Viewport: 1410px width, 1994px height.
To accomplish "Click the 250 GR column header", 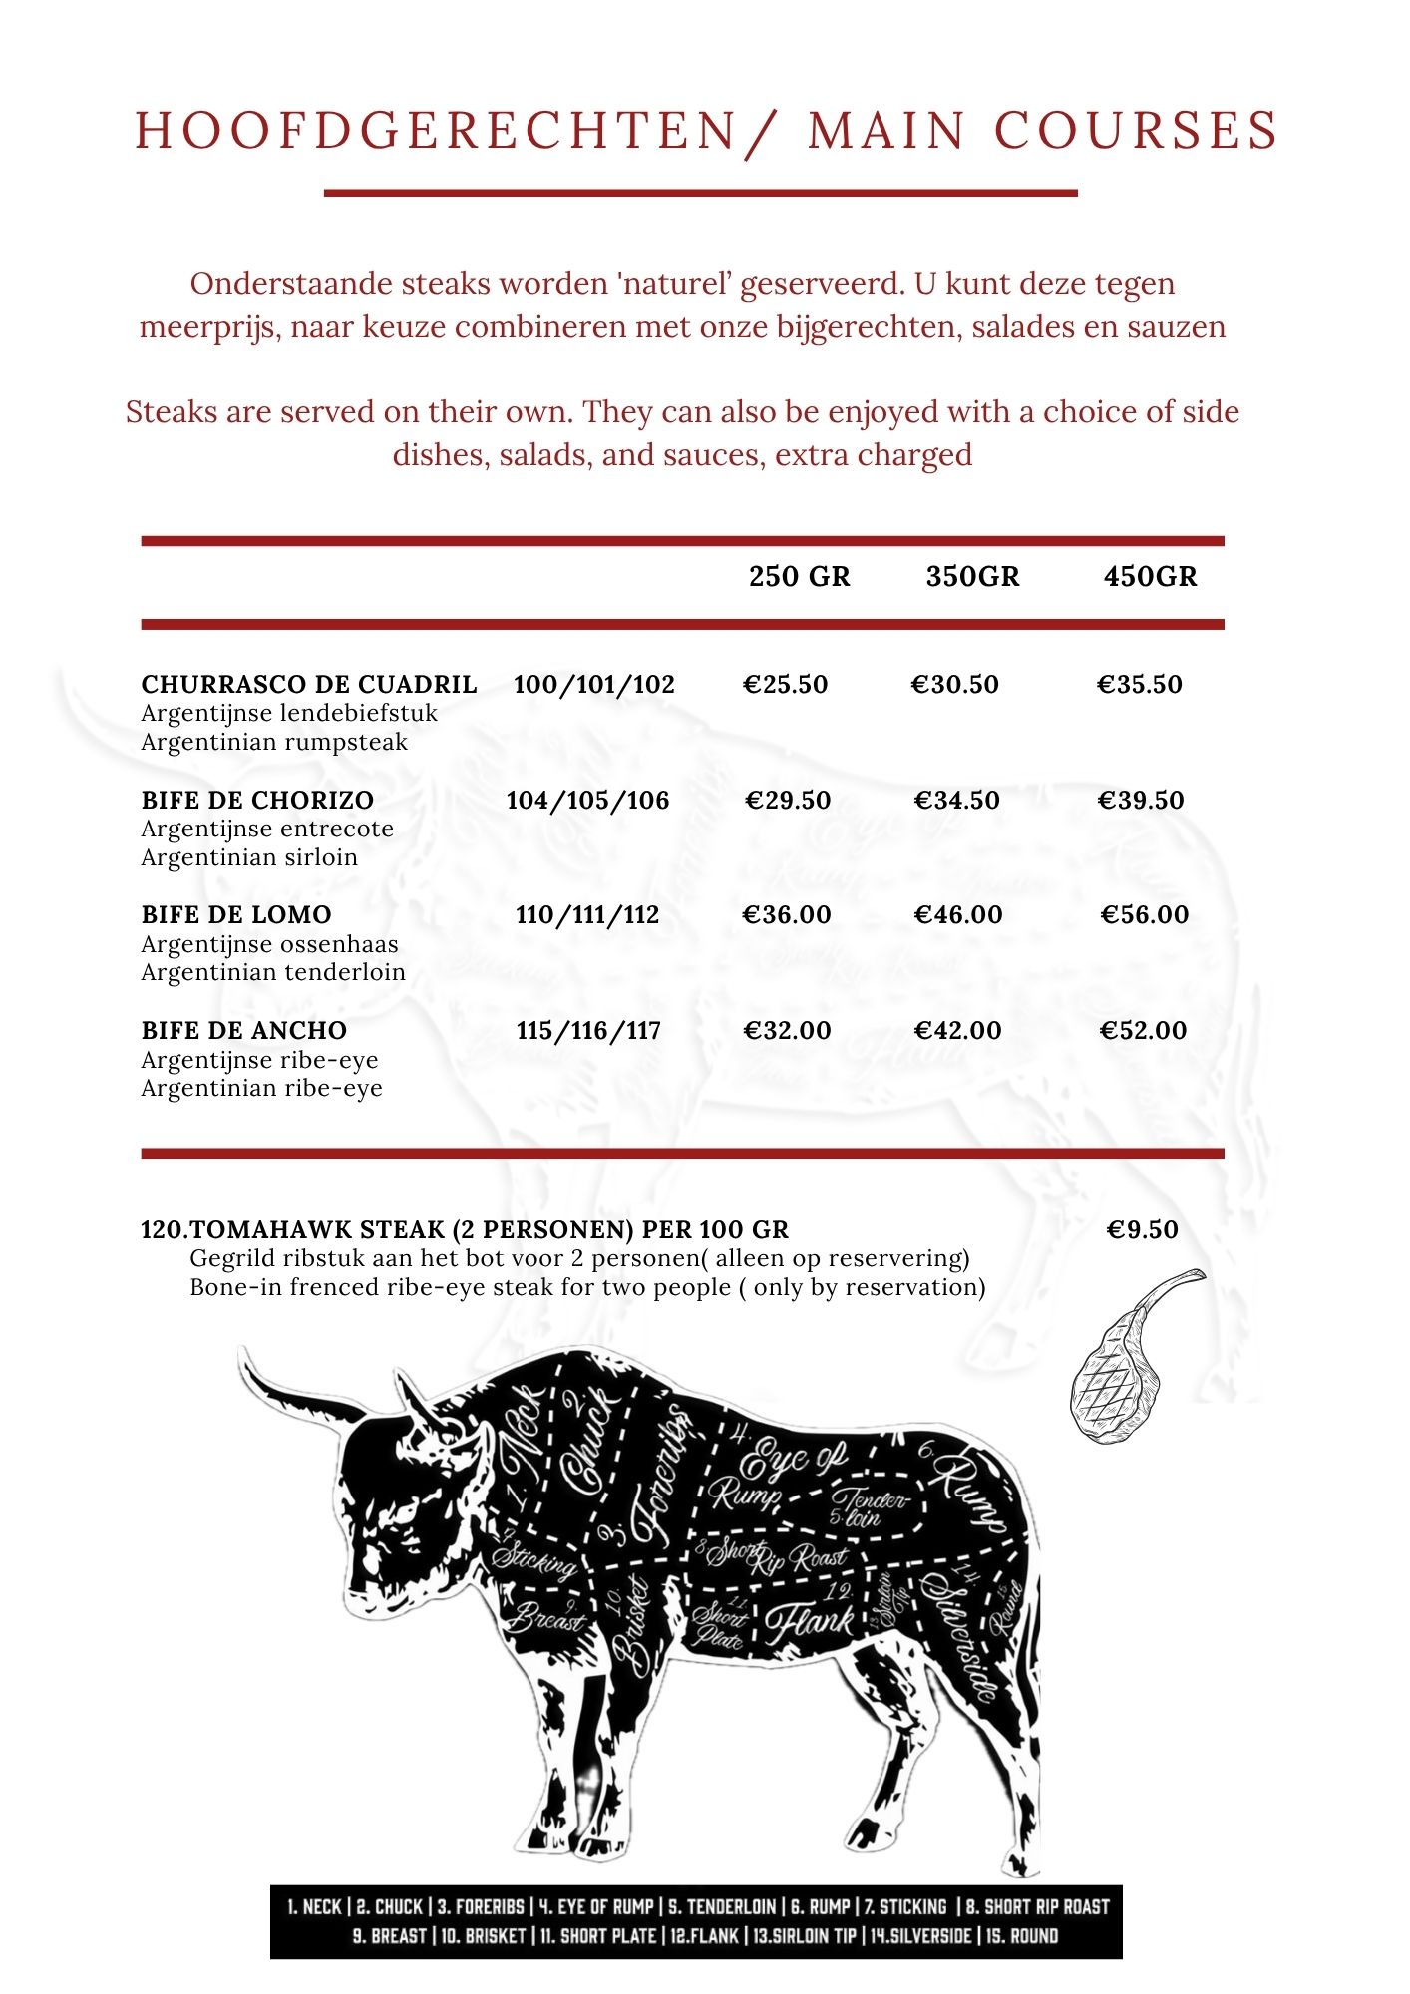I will pyautogui.click(x=799, y=577).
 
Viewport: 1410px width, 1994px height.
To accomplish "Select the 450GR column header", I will pyautogui.click(x=1150, y=577).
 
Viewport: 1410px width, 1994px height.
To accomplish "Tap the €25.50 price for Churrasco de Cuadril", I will pyautogui.click(x=786, y=685).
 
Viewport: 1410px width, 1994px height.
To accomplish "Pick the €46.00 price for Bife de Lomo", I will pyautogui.click(x=958, y=915).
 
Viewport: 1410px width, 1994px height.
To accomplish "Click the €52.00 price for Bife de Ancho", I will pyautogui.click(x=1143, y=1031).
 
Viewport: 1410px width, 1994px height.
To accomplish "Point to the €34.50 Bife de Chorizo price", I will pyautogui.click(x=957, y=801).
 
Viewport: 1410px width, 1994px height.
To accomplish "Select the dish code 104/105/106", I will pyautogui.click(x=587, y=801).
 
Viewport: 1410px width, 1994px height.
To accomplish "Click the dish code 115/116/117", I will pyautogui.click(x=588, y=1031).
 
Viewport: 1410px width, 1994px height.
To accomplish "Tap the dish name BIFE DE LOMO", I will pyautogui.click(x=236, y=915).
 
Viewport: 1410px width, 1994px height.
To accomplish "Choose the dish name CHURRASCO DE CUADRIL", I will pyautogui.click(x=309, y=685).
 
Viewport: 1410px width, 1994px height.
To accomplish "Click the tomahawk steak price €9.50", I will pyautogui.click(x=1142, y=1230).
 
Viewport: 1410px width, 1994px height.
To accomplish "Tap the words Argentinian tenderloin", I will pyautogui.click(x=273, y=973).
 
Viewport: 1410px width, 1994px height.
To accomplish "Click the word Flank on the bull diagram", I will pyautogui.click(x=811, y=1622).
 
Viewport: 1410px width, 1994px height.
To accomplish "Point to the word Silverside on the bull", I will pyautogui.click(x=959, y=1635).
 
